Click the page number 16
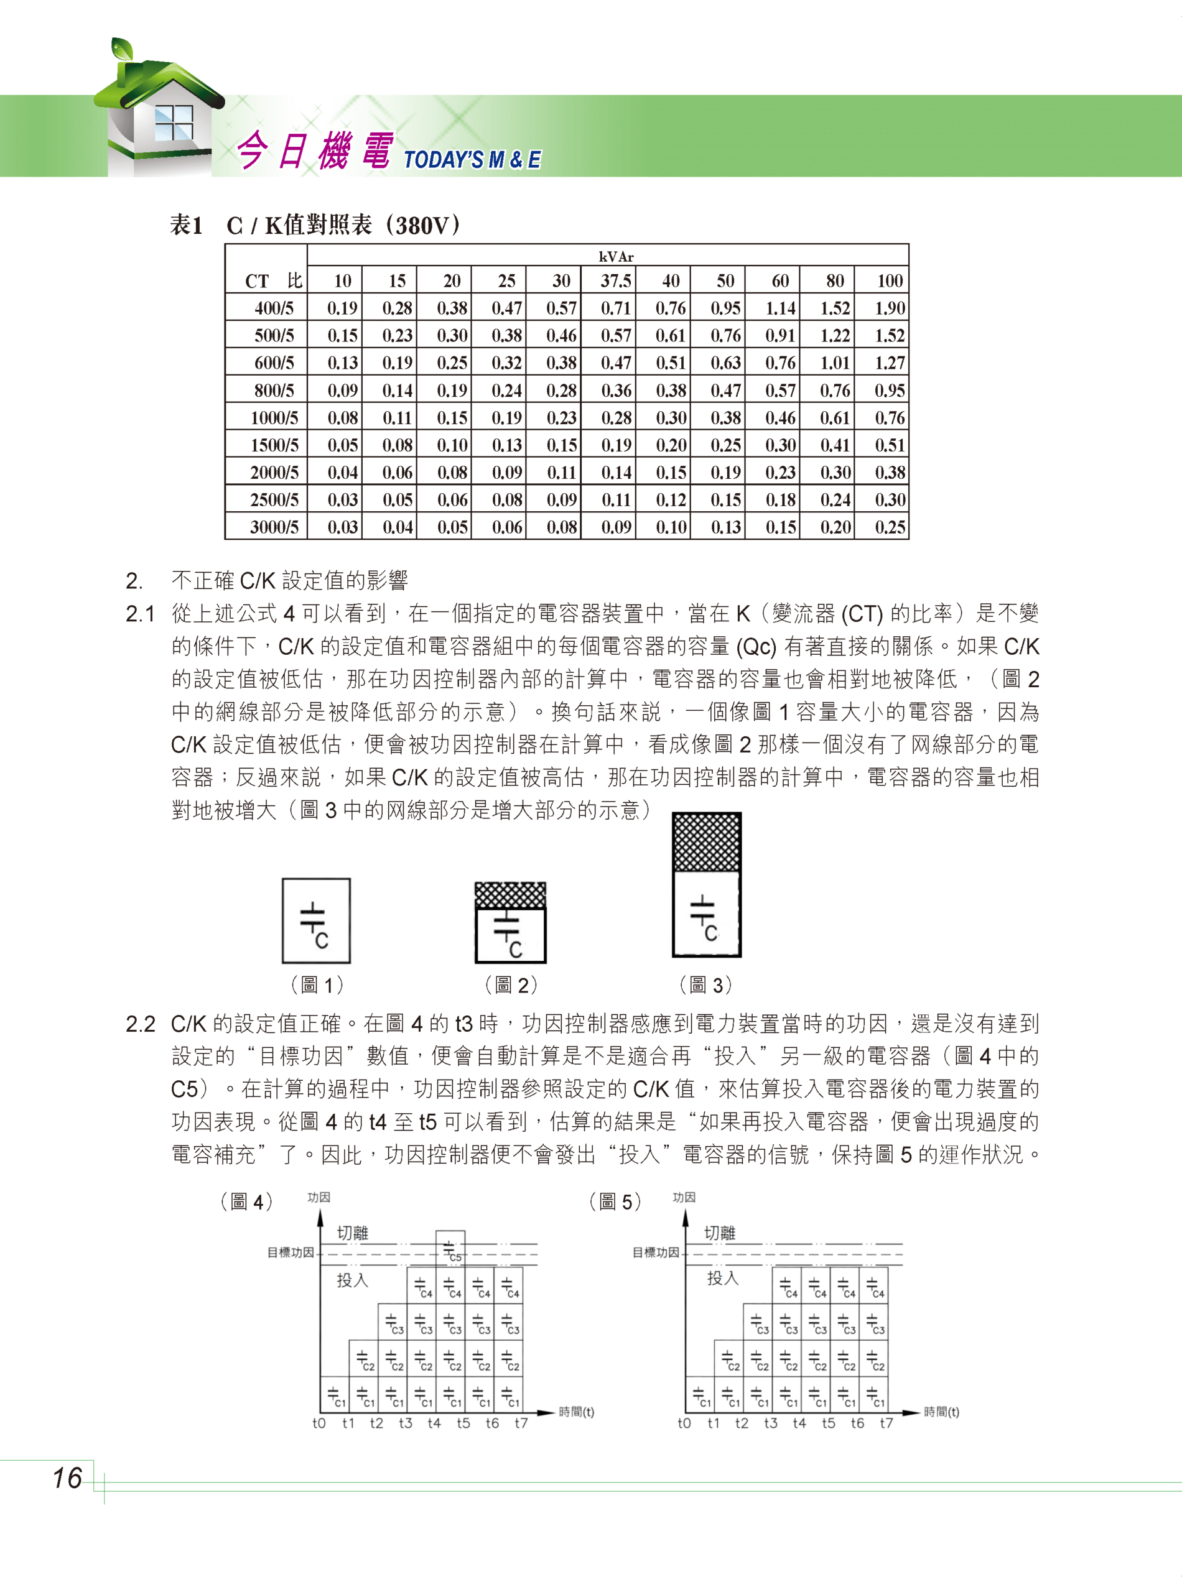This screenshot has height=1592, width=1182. (67, 1478)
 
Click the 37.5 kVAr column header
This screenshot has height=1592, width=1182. (615, 281)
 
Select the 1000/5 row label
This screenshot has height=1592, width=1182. (274, 418)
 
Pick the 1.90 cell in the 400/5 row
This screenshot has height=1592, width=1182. (890, 308)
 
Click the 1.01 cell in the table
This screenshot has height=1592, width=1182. (834, 363)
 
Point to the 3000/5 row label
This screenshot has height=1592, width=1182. (274, 527)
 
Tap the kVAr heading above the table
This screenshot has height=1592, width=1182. (616, 257)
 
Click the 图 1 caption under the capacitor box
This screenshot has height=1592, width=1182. (317, 985)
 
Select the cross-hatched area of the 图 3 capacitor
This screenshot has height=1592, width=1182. (706, 843)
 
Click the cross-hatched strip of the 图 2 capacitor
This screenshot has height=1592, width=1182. (510, 895)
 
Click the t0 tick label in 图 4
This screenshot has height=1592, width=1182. (319, 1423)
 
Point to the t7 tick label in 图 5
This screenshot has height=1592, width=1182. (886, 1423)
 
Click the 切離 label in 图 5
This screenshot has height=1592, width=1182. (719, 1233)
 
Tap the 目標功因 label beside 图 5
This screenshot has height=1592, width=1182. (656, 1252)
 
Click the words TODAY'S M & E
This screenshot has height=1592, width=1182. (472, 159)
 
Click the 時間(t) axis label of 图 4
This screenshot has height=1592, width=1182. (576, 1412)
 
